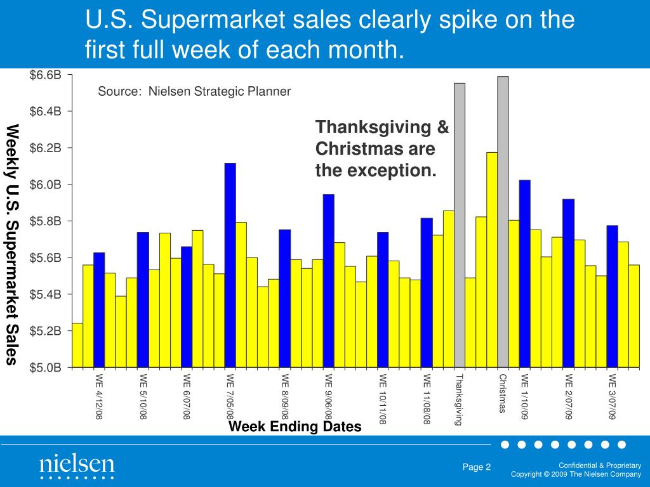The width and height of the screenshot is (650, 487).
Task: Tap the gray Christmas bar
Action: click(x=503, y=222)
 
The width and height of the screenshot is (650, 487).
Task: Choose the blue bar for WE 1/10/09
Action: click(x=524, y=273)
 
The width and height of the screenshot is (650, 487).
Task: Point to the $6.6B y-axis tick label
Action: click(x=46, y=75)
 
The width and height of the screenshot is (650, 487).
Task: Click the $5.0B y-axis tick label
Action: click(x=46, y=367)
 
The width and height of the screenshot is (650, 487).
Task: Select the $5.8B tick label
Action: click(x=46, y=221)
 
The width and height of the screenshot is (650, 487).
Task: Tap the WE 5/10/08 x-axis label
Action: click(x=143, y=396)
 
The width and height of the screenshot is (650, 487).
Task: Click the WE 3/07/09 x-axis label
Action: click(x=612, y=396)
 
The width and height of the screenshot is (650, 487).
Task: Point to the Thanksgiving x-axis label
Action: click(x=460, y=399)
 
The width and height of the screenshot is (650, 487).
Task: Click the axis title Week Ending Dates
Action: click(x=295, y=427)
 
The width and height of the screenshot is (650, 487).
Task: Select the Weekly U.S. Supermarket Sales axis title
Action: click(x=12, y=245)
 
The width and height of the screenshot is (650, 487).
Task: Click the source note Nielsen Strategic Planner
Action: click(x=194, y=92)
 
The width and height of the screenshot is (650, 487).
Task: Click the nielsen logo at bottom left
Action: click(x=76, y=465)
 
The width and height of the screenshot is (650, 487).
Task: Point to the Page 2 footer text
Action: click(x=477, y=467)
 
